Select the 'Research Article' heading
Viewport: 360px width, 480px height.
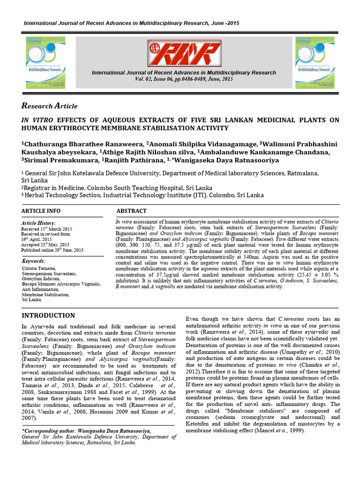pyautogui.click(x=50, y=105)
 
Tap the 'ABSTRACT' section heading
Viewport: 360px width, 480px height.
pyautogui.click(x=131, y=211)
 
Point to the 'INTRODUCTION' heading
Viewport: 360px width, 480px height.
pyautogui.click(x=48, y=315)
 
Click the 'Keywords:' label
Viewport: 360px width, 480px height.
pyautogui.click(x=34, y=261)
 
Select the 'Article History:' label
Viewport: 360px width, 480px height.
pyautogui.click(x=38, y=223)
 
